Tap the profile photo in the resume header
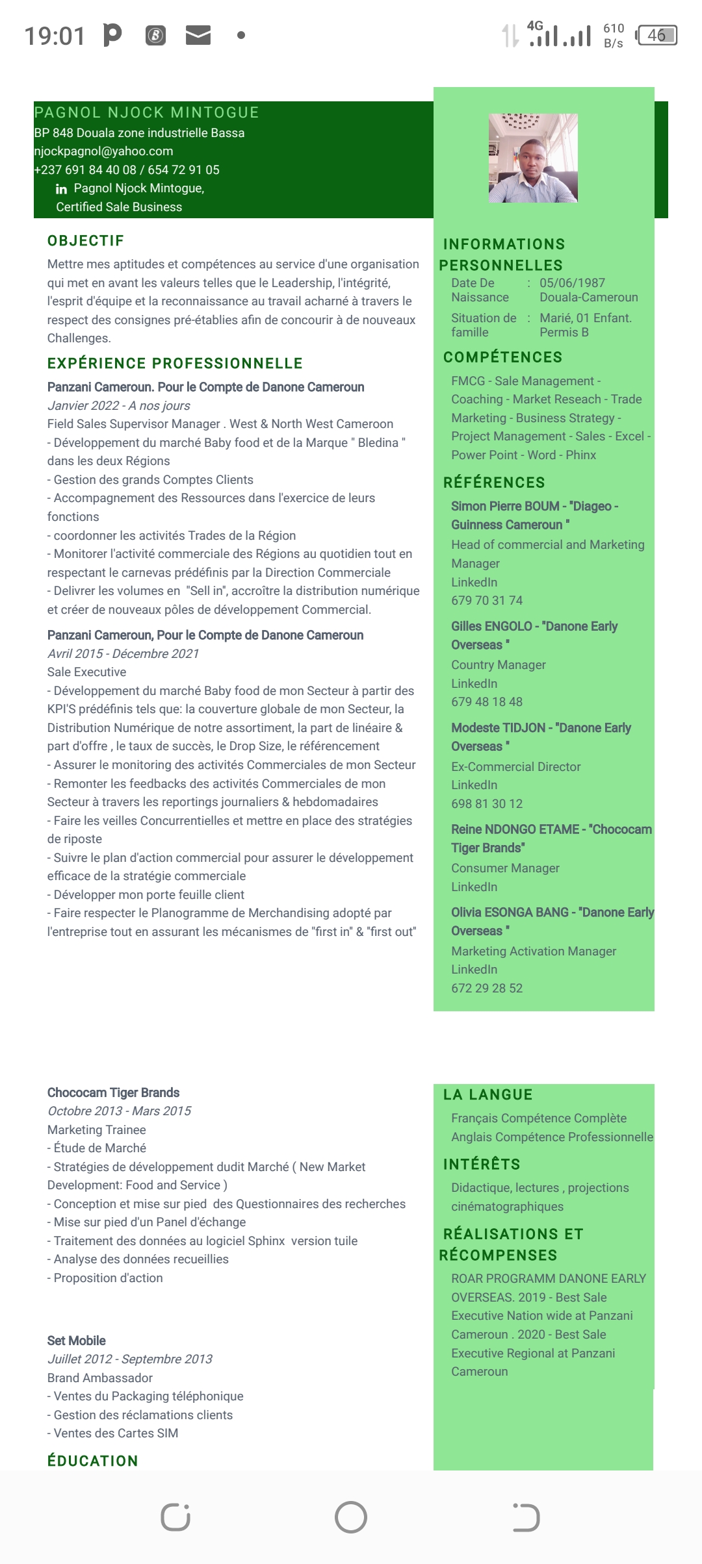[533, 158]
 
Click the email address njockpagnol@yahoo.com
[103, 151]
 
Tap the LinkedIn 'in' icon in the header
[62, 189]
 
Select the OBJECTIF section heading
[86, 241]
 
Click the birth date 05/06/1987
[572, 283]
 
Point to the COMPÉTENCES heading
[502, 357]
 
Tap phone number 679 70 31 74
[487, 601]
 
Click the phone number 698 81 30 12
[487, 804]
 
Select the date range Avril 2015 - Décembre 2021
[123, 654]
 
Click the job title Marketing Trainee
[96, 1130]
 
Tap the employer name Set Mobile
[76, 1341]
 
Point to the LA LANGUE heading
[487, 1095]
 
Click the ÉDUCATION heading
[92, 1461]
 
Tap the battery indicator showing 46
[656, 35]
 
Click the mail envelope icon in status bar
[198, 36]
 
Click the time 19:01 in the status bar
[55, 36]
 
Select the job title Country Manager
[499, 665]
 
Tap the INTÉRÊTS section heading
[482, 1165]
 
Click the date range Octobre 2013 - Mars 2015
[119, 1111]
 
